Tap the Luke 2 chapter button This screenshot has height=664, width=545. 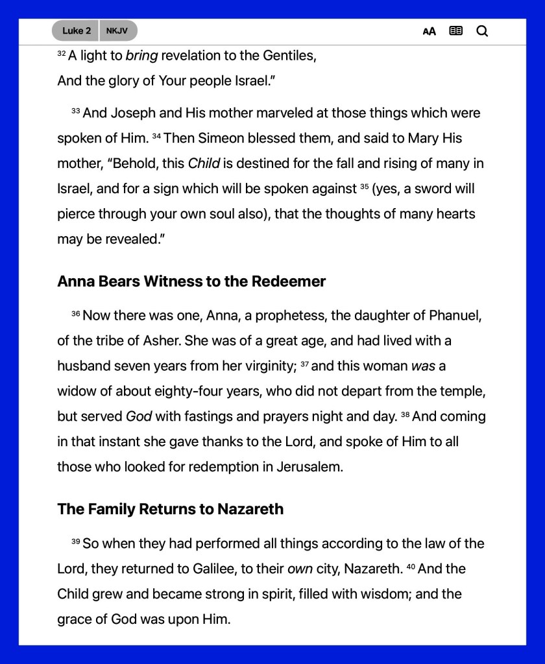(76, 30)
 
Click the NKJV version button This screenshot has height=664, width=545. (117, 30)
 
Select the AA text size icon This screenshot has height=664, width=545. (429, 31)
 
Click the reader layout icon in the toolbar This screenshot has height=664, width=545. (456, 30)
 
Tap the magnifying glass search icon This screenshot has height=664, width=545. (482, 31)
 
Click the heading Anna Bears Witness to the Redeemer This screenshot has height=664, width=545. (191, 281)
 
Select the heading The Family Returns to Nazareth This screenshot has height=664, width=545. (170, 509)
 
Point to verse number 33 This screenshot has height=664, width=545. (75, 112)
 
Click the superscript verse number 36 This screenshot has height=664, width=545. (75, 314)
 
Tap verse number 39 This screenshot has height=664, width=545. (75, 541)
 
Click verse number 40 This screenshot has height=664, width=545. (411, 567)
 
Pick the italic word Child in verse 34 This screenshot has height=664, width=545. (204, 163)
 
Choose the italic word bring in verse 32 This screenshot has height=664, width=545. (141, 56)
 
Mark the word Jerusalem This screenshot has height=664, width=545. (307, 467)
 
